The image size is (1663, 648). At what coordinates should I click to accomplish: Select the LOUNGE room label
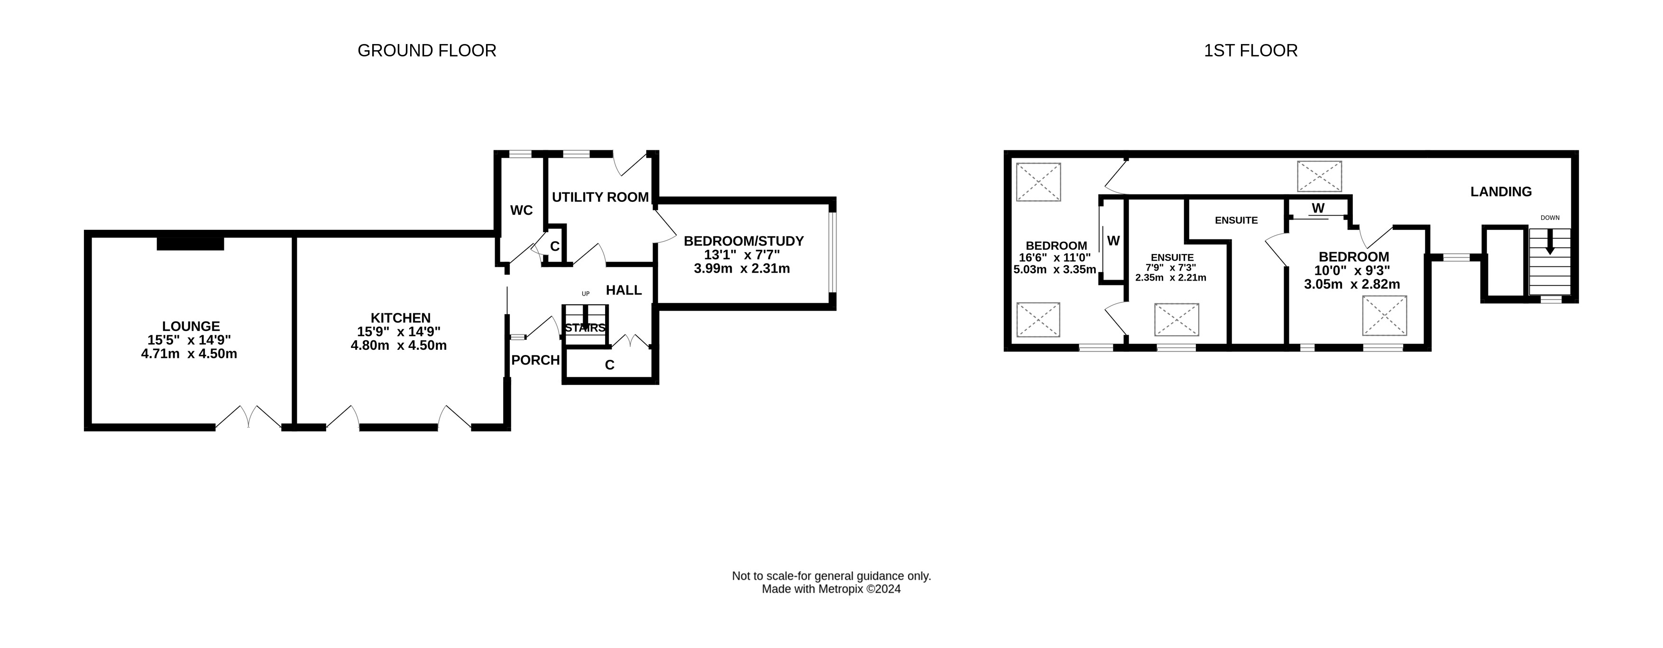tap(191, 327)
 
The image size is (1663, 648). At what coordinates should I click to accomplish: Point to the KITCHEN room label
tap(400, 318)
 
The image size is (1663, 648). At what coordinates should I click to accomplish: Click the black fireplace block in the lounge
tap(191, 243)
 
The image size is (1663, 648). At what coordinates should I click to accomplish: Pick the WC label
tap(522, 210)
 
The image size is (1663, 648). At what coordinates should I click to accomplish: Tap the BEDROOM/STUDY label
tap(744, 241)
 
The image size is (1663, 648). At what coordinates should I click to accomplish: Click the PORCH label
tap(535, 360)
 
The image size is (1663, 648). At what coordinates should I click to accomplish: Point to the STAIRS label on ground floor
tap(585, 328)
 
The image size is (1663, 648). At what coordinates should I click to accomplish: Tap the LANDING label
tap(1501, 192)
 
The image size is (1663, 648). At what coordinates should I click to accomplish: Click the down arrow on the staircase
tap(1549, 243)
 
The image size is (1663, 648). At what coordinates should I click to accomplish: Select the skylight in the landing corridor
tap(1320, 176)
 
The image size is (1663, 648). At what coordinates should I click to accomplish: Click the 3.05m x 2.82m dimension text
tap(1352, 284)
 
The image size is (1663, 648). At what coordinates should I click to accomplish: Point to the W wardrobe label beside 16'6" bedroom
tap(1113, 241)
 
